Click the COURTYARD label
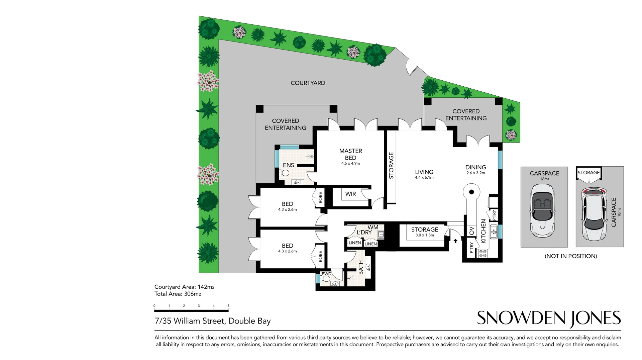click(308, 83)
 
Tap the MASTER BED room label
click(350, 154)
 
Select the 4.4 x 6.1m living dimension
click(424, 178)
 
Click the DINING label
click(475, 167)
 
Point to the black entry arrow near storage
click(455, 241)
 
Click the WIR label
click(350, 194)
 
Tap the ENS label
click(288, 165)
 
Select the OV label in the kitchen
click(472, 231)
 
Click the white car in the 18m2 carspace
click(594, 214)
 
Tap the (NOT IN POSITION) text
click(571, 256)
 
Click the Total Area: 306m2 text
click(178, 294)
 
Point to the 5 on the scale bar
click(228, 306)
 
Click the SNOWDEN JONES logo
click(548, 318)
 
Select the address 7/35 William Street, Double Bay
click(213, 321)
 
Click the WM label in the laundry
click(373, 228)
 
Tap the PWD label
click(326, 274)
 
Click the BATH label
click(361, 268)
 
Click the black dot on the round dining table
click(471, 192)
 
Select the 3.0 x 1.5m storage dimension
click(425, 235)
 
